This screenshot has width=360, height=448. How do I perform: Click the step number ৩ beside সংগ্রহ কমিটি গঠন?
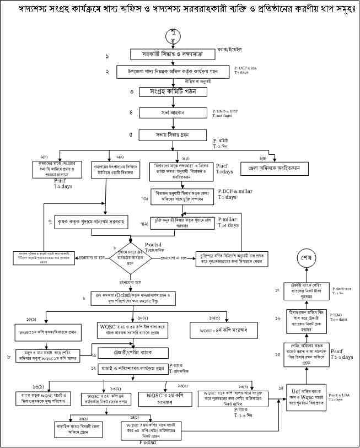pos(132,91)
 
